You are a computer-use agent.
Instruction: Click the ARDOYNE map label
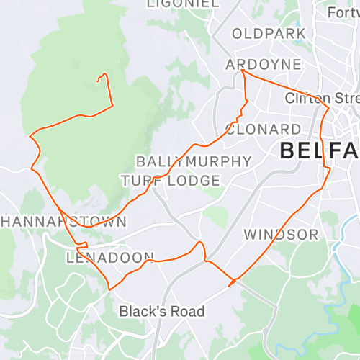pyautogui.click(x=263, y=64)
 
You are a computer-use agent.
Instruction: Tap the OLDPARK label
pyautogui.click(x=269, y=34)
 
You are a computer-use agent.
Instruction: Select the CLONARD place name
pyautogui.click(x=263, y=129)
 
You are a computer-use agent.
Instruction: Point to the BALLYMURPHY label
pyautogui.click(x=194, y=161)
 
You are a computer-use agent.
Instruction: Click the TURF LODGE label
pyautogui.click(x=171, y=180)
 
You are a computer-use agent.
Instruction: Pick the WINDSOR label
pyautogui.click(x=280, y=235)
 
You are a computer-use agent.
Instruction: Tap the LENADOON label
pyautogui.click(x=110, y=257)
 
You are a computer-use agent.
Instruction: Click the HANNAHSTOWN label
pyautogui.click(x=63, y=221)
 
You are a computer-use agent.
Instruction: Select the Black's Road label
pyautogui.click(x=162, y=312)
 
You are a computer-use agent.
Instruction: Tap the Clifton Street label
pyautogui.click(x=321, y=97)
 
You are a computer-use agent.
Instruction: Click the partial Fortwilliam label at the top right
pyautogui.click(x=343, y=12)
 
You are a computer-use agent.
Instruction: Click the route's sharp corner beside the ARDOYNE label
pyautogui.click(x=242, y=71)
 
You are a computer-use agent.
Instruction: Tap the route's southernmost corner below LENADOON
pyautogui.click(x=109, y=289)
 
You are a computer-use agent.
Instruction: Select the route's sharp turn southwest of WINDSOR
pyautogui.click(x=230, y=284)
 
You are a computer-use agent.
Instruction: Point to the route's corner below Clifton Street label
pyautogui.click(x=329, y=109)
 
